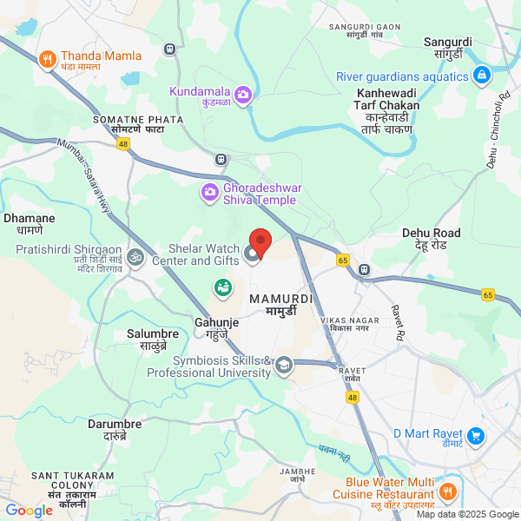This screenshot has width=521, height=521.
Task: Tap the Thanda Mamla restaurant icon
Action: pyautogui.click(x=47, y=59)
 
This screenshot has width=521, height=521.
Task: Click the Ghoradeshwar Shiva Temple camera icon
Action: pyautogui.click(x=209, y=192)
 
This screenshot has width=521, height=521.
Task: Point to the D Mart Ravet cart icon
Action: pyautogui.click(x=475, y=435)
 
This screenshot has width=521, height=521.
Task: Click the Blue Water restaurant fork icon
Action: pyautogui.click(x=449, y=491)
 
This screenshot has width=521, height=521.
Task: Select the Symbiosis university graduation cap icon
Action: pyautogui.click(x=284, y=366)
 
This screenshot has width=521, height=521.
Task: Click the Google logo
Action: pyautogui.click(x=30, y=511)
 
